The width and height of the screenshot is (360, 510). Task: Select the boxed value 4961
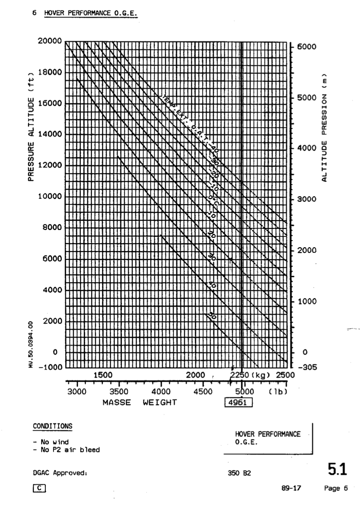coord(239,402)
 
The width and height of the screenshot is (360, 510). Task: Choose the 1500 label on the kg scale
coord(103,375)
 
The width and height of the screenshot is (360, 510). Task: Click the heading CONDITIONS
coord(52,426)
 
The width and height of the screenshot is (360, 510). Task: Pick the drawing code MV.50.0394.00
coord(36,344)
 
